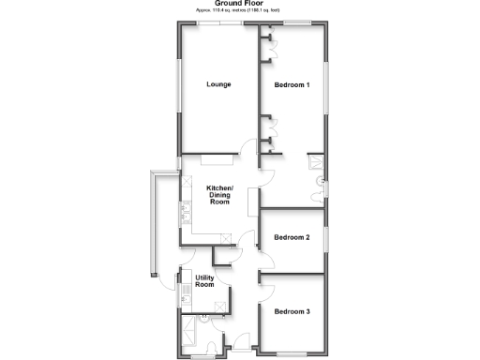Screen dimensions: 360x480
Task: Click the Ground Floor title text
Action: [x=239, y=4]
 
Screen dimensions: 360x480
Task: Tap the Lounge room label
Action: [x=218, y=84]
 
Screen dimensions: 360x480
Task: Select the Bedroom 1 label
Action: [x=292, y=85]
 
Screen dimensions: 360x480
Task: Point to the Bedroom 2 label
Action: [x=292, y=237]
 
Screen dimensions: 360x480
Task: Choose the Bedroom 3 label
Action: [x=292, y=311]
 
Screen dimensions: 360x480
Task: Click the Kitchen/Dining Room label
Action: [x=219, y=195]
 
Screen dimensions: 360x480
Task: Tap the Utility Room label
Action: [x=205, y=282]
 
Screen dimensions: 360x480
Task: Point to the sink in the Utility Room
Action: [x=186, y=290]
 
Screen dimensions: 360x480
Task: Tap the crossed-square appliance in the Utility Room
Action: [x=222, y=303]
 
